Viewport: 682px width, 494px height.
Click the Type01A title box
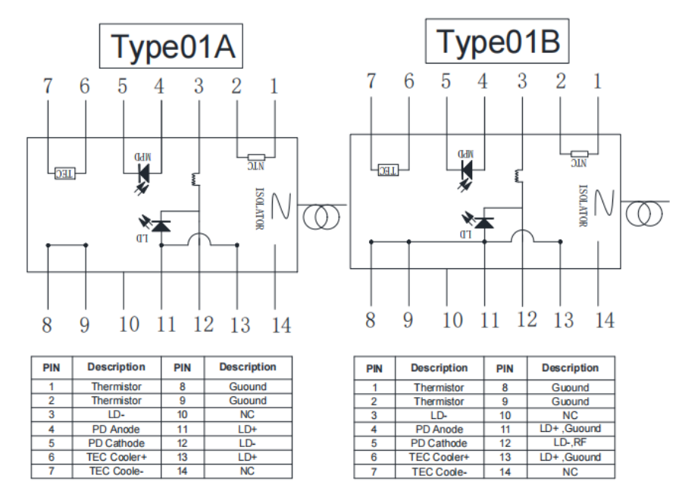coord(171,46)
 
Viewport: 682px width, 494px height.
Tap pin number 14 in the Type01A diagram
coord(281,324)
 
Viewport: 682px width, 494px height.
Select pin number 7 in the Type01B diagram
coord(371,81)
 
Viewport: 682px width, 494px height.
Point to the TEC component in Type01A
coord(65,174)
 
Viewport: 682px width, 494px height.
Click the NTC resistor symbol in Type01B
coord(579,154)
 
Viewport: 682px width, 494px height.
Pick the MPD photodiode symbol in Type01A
coord(143,169)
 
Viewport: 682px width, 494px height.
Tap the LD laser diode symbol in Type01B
coord(482,222)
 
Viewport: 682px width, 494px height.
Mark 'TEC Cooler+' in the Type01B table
coord(439,457)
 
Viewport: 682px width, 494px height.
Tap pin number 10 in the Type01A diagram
coord(129,324)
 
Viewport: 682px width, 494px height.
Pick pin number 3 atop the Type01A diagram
coord(199,86)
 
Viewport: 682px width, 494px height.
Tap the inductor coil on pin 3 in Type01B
coord(521,175)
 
